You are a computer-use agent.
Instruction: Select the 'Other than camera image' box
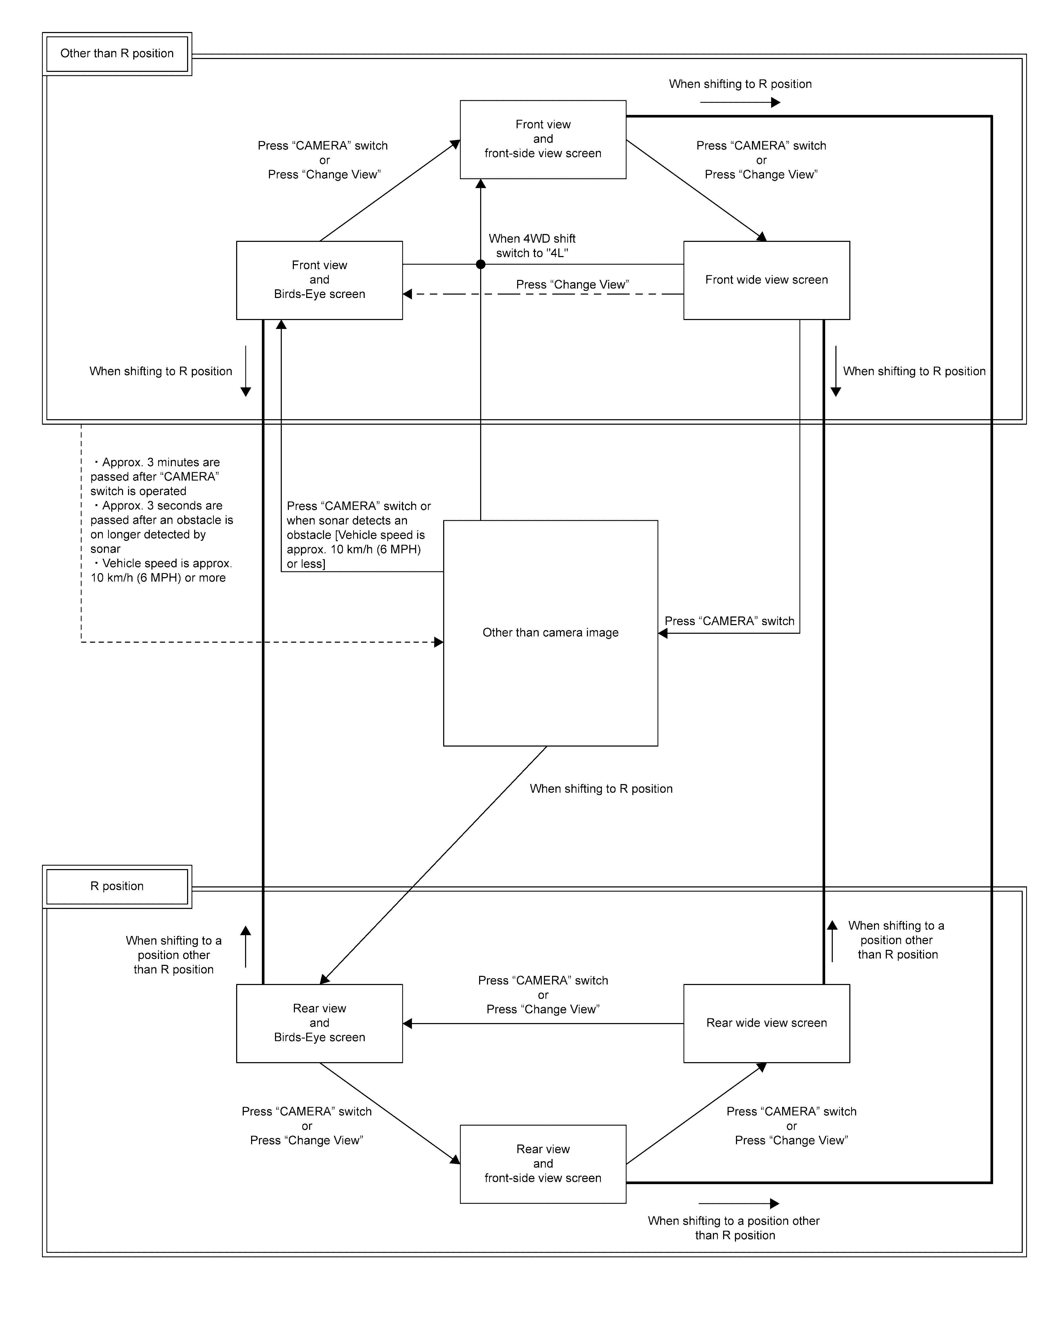point(550,633)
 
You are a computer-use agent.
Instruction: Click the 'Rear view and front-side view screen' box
point(543,1164)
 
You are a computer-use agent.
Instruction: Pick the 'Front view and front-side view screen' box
point(543,140)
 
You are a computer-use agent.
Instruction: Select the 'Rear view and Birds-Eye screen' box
point(320,1023)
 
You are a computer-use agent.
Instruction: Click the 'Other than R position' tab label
point(117,54)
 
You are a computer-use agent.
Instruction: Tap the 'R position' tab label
point(117,887)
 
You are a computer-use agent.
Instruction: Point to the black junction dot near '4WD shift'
point(481,264)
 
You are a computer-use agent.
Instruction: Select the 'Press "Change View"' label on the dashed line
point(573,285)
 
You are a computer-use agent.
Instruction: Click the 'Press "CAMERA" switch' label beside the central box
point(729,621)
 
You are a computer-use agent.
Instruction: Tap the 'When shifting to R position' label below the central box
point(601,789)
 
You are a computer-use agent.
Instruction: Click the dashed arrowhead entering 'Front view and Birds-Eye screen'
point(407,295)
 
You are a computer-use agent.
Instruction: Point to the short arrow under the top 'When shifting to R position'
point(740,102)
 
